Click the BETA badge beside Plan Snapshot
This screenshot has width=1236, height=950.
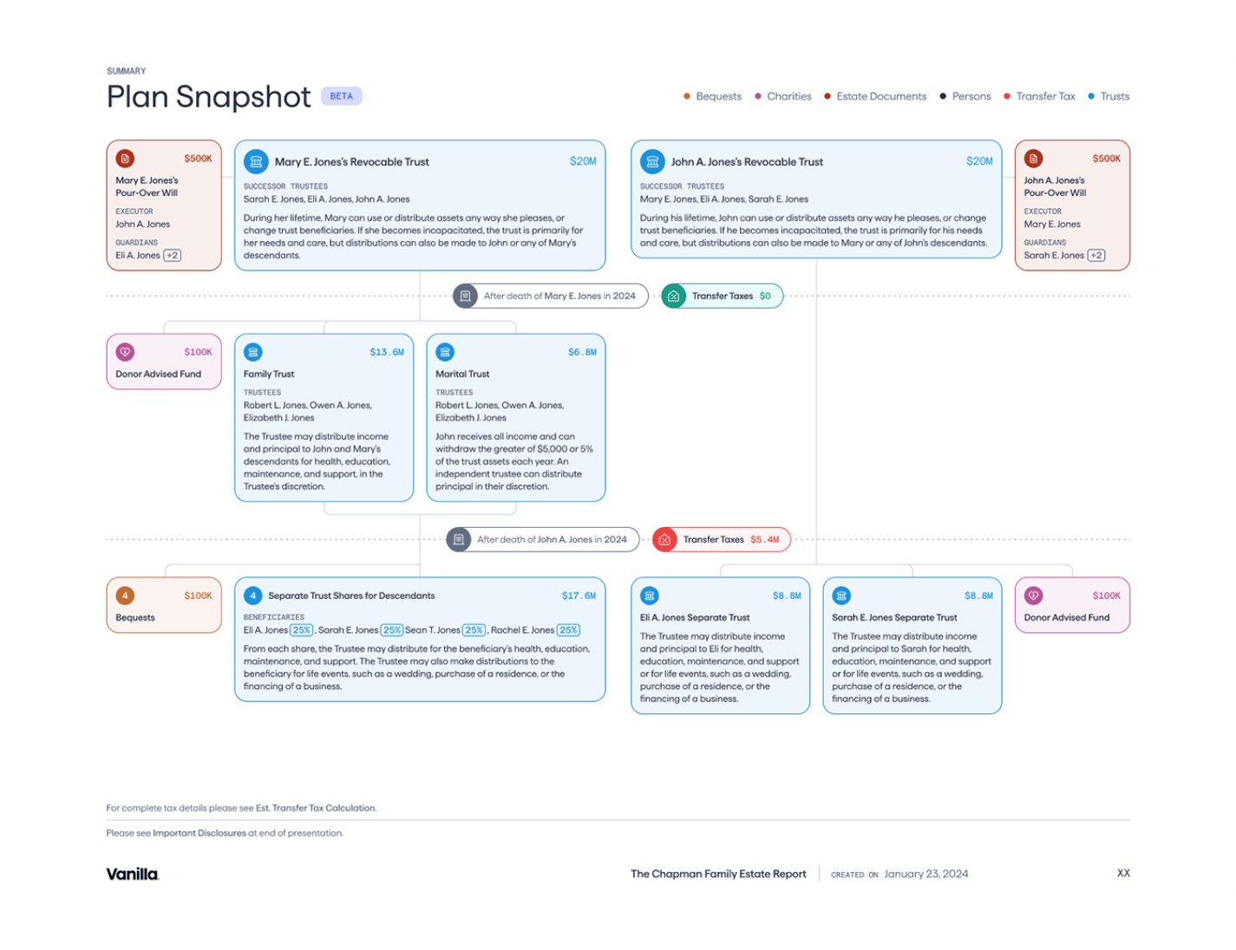[x=341, y=96]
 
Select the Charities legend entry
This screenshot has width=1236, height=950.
[x=782, y=96]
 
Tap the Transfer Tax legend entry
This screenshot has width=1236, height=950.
[x=1039, y=96]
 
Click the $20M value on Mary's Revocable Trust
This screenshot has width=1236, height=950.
[x=583, y=161]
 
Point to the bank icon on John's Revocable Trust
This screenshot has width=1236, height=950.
[x=652, y=161]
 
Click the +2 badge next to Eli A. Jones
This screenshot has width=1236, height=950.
[x=173, y=255]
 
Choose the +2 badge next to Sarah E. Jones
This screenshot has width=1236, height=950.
[x=1096, y=255]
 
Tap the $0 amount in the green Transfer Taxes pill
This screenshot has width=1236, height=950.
[x=765, y=296]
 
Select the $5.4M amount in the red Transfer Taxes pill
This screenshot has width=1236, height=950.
[x=764, y=539]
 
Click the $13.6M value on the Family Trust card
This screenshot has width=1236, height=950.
[x=387, y=352]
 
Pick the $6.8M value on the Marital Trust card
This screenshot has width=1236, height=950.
[x=583, y=352]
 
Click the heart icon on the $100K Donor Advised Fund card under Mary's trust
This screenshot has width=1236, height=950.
[x=125, y=352]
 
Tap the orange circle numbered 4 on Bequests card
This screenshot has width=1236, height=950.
[x=125, y=595]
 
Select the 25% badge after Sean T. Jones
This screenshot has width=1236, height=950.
[x=474, y=629]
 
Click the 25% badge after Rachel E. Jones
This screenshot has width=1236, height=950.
[x=568, y=629]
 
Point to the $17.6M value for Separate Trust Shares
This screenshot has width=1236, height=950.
[x=579, y=595]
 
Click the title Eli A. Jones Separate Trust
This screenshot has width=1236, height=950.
[x=695, y=617]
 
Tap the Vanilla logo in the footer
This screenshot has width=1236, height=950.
[x=133, y=874]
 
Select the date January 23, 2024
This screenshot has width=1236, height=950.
[x=926, y=874]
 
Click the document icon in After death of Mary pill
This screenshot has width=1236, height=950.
[x=465, y=296]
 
